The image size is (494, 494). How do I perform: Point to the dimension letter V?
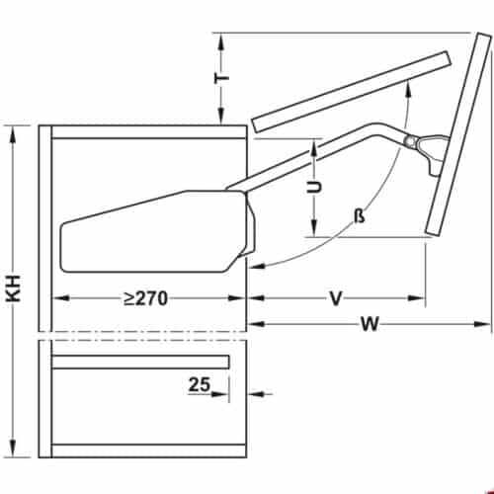(x=335, y=296)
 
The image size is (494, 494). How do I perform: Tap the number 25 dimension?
(x=199, y=386)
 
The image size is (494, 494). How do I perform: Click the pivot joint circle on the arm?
(x=409, y=141)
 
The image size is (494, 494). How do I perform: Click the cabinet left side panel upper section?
(x=45, y=227)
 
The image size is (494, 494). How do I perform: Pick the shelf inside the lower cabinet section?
(x=139, y=362)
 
